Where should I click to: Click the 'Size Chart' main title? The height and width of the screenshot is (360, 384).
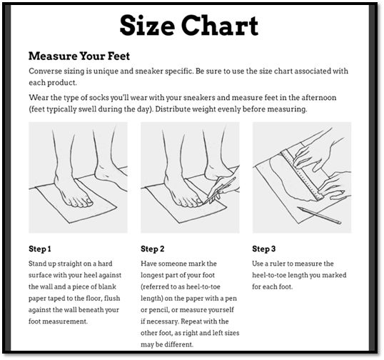pos(189,26)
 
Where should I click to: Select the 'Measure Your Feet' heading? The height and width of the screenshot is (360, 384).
pos(79,56)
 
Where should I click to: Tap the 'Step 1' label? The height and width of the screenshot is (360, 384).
pos(40,249)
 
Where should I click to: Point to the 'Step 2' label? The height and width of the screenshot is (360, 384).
pos(152,249)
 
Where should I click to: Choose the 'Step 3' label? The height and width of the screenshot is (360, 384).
pos(264,249)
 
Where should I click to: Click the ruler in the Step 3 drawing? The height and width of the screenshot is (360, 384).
pos(302,175)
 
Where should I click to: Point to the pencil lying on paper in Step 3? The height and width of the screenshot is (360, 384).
pos(319,215)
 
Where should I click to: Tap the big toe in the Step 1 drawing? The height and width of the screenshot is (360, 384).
pos(88,202)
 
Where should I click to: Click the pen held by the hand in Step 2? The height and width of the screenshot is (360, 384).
pos(220,190)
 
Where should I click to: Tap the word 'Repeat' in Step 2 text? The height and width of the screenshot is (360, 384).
pos(192,321)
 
